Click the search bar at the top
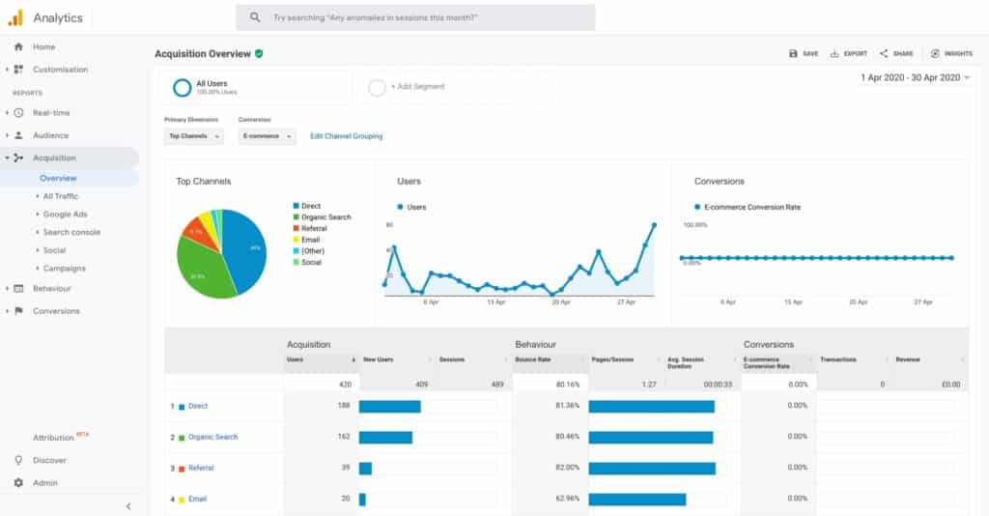pyautogui.click(x=415, y=17)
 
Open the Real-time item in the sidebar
pyautogui.click(x=51, y=113)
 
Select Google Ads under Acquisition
pyautogui.click(x=65, y=215)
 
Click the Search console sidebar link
pyautogui.click(x=71, y=232)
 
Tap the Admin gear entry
pyautogui.click(x=44, y=483)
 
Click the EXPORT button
pyautogui.click(x=849, y=54)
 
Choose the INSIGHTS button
pyautogui.click(x=951, y=54)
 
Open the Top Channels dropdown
pyautogui.click(x=194, y=136)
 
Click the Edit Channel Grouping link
pyautogui.click(x=346, y=136)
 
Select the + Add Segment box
pyautogui.click(x=417, y=87)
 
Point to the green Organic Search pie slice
pyautogui.click(x=200, y=272)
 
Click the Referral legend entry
pyautogui.click(x=314, y=228)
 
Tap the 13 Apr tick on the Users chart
pyautogui.click(x=496, y=302)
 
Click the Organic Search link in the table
pyautogui.click(x=212, y=437)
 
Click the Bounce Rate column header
pyautogui.click(x=533, y=359)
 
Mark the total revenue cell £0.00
pyautogui.click(x=949, y=385)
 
